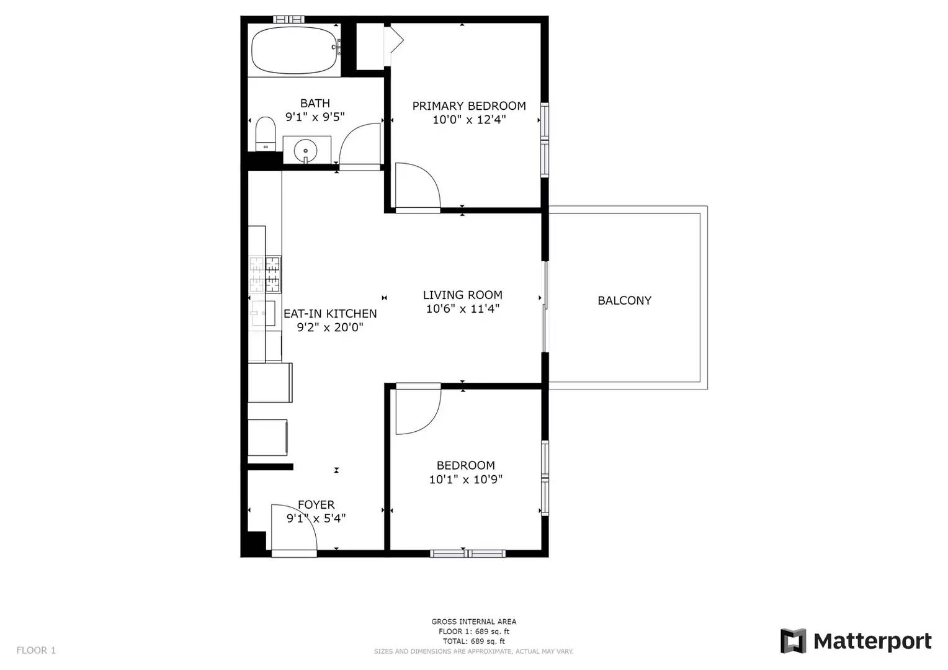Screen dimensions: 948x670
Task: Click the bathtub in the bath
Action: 295,50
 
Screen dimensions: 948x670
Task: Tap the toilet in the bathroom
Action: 266,134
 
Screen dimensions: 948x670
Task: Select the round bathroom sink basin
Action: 305,150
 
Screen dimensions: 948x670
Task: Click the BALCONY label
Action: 624,300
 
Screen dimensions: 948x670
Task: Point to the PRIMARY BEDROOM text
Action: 469,106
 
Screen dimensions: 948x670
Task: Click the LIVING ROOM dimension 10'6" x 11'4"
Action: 463,309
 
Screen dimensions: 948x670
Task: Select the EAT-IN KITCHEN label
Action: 330,314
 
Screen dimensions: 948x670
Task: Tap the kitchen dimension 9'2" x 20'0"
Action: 330,328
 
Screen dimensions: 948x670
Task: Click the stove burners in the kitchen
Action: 265,274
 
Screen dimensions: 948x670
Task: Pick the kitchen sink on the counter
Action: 264,313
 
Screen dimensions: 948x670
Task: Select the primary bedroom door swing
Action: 418,185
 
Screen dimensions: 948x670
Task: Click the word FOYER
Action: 316,504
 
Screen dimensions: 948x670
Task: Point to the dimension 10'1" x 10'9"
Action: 465,480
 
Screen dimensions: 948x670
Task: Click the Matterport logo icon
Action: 793,641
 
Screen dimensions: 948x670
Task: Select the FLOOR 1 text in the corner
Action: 36,651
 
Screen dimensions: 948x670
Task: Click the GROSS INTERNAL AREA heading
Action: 473,622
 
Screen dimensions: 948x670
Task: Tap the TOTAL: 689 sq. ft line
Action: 473,641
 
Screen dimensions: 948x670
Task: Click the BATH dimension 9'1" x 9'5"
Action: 315,117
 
